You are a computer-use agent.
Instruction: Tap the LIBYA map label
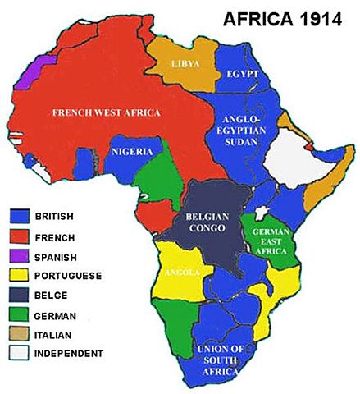[182, 63]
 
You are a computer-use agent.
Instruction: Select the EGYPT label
[242, 74]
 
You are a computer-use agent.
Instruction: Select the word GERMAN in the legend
[56, 315]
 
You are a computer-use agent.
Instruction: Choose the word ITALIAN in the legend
[56, 334]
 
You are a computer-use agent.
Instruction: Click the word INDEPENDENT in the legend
[69, 354]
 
